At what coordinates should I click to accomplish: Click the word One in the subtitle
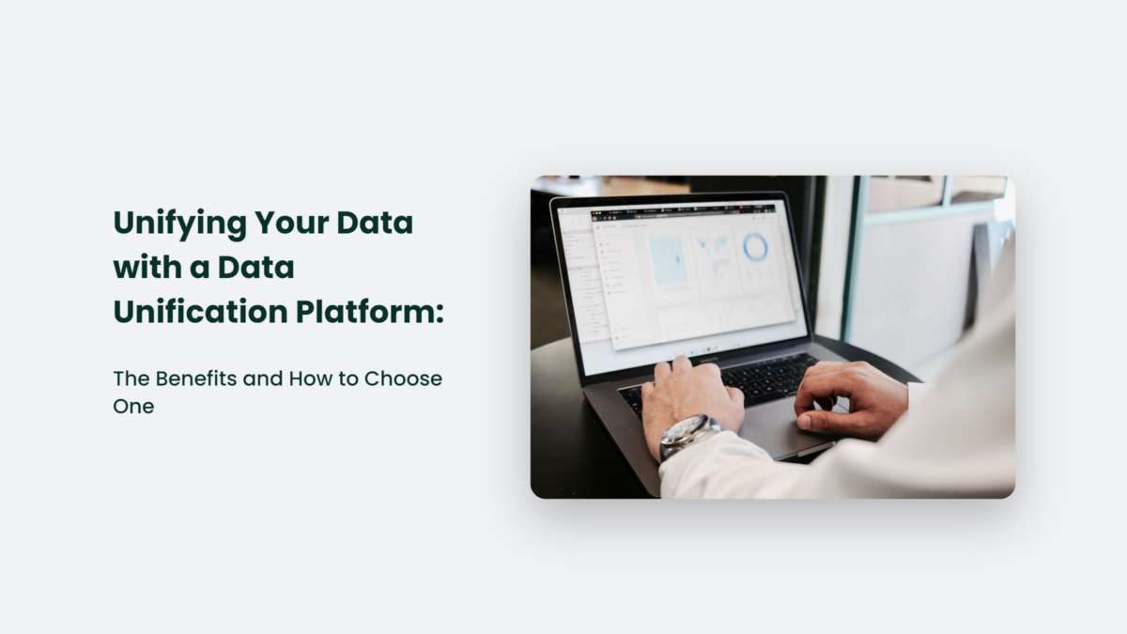tap(133, 406)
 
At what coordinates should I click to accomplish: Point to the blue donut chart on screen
tap(755, 247)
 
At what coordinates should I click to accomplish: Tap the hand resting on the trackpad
tap(845, 399)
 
